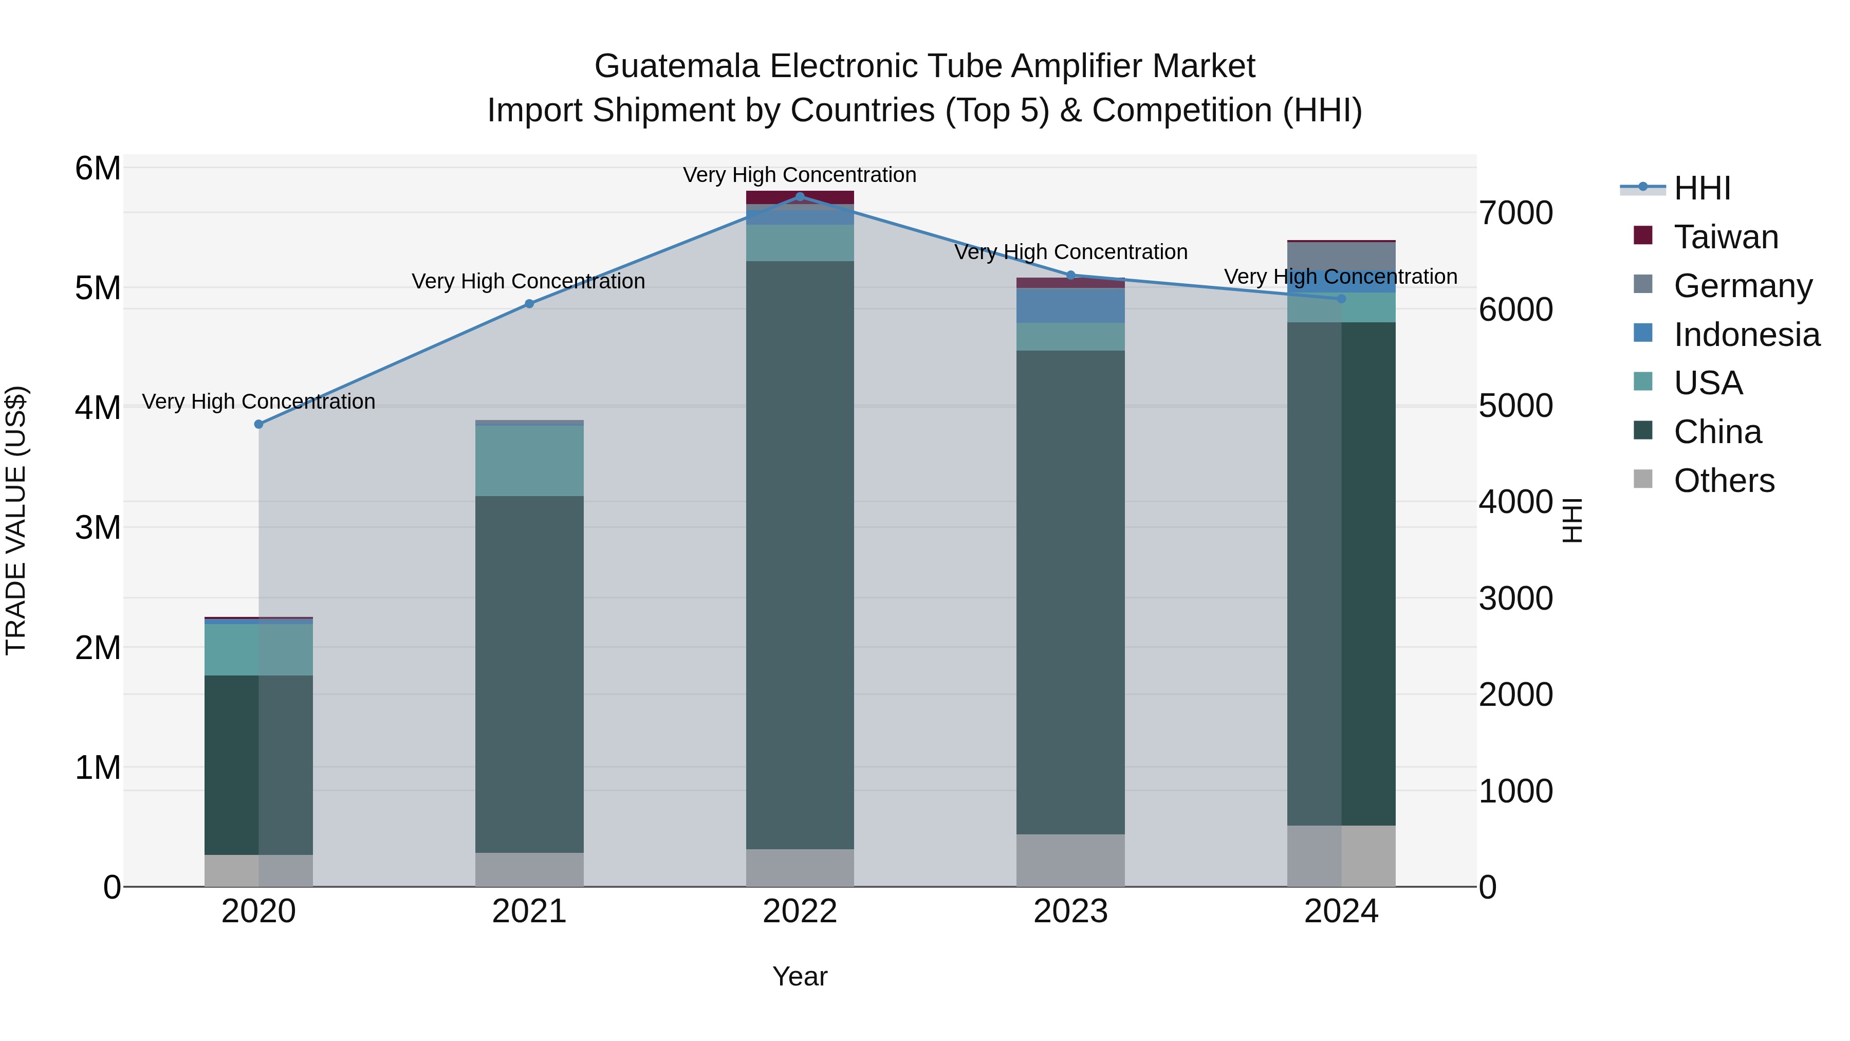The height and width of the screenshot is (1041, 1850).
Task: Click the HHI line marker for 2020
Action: click(x=258, y=424)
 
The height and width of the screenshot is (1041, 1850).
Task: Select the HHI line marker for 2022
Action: click(x=800, y=196)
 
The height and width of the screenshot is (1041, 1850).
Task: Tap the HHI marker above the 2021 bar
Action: click(x=529, y=304)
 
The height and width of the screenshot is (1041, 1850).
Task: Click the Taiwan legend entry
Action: click(x=1725, y=237)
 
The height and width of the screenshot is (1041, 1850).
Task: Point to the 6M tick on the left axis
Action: click(x=98, y=168)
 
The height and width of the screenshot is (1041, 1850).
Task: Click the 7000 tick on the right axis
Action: click(x=1515, y=213)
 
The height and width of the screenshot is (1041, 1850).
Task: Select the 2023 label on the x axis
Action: click(x=1070, y=911)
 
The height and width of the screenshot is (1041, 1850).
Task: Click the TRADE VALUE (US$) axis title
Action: click(x=16, y=520)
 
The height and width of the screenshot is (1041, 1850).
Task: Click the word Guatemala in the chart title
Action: click(x=676, y=66)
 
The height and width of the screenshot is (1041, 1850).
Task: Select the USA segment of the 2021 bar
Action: click(x=529, y=461)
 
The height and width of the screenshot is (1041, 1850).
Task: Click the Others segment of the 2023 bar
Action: click(x=1070, y=860)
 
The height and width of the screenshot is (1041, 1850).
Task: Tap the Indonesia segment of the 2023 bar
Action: click(x=1070, y=305)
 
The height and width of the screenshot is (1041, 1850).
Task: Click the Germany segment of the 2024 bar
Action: click(x=1341, y=256)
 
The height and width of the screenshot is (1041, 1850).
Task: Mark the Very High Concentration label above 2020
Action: click(x=258, y=401)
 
